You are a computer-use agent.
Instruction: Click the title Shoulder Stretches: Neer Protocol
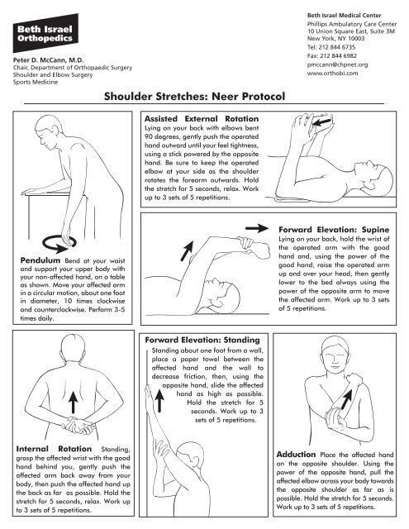point(204,96)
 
